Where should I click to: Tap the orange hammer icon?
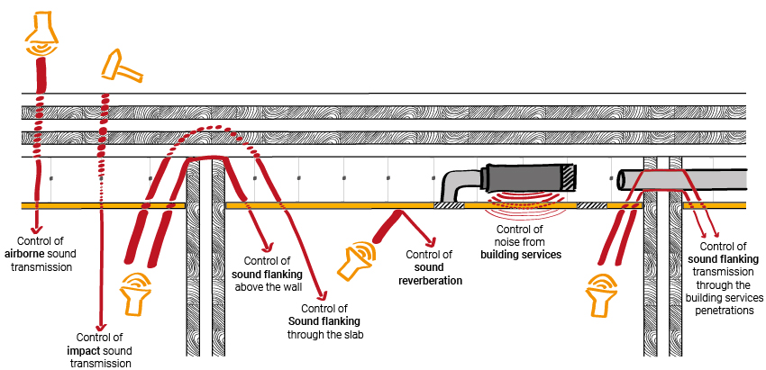coord(119,66)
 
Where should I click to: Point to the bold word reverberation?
coord(430,280)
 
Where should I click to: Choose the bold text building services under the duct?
coord(520,255)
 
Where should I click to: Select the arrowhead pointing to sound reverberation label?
coord(433,243)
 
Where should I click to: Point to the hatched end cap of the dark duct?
coord(569,176)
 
